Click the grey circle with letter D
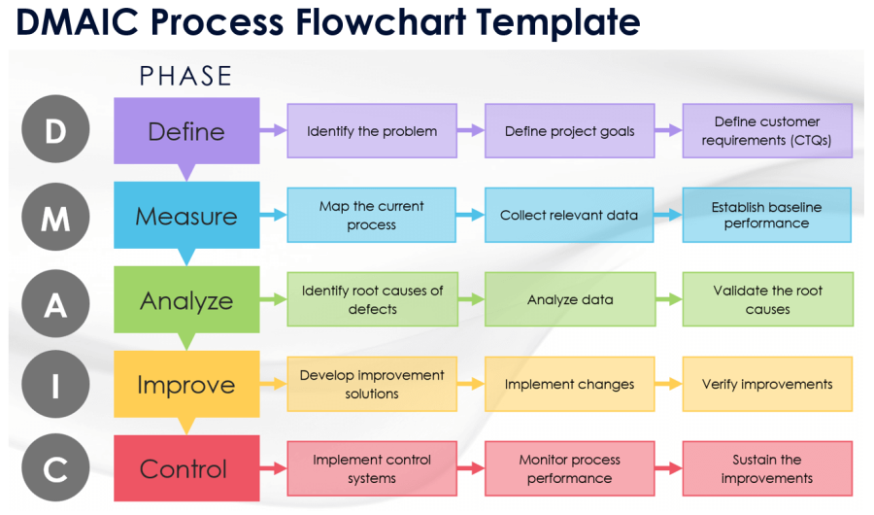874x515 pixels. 55,131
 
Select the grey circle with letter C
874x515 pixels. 55,469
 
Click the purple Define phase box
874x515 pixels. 186,131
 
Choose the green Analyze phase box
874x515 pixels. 186,300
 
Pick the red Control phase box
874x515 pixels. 186,469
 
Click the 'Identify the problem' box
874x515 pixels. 372,131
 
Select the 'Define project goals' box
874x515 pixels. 570,131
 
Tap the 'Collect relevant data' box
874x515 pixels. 570,216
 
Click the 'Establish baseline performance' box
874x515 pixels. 767,216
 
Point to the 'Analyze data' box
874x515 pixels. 570,300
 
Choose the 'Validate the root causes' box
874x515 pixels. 767,300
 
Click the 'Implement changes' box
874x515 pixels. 570,385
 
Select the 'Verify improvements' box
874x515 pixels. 767,385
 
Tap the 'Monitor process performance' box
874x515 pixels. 570,469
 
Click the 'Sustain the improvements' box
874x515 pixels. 767,469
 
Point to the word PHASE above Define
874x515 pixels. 185,76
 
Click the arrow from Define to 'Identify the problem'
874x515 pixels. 273,130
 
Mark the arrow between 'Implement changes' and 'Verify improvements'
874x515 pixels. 669,384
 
